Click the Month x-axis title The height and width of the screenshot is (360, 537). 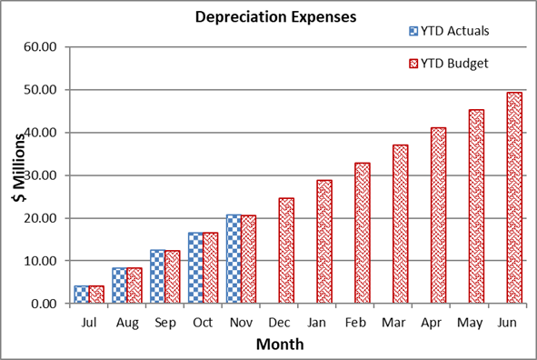[279, 345]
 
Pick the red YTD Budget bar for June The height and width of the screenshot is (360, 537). [514, 198]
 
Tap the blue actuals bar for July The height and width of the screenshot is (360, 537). [81, 295]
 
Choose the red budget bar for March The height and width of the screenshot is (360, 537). [401, 225]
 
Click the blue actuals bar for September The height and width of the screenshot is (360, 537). [157, 276]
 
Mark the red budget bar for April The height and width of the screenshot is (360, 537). [439, 215]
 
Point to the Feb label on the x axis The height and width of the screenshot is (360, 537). [355, 321]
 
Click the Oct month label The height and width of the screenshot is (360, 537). [203, 321]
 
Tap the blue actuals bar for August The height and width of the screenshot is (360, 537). [119, 285]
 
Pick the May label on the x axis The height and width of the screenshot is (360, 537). [470, 321]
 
